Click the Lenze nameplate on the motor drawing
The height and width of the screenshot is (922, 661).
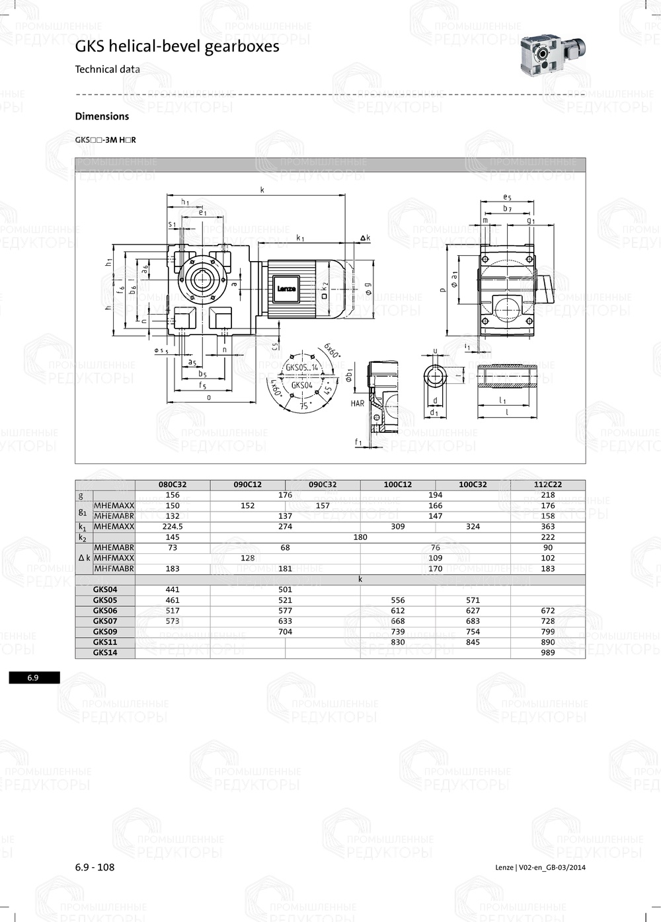[x=286, y=289]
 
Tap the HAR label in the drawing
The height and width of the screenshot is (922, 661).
[x=358, y=403]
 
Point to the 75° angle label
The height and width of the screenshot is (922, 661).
[x=305, y=406]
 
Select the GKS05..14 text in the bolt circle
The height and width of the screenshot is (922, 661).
[x=302, y=367]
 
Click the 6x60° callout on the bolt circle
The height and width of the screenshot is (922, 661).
[x=332, y=351]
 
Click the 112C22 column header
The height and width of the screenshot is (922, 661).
[x=547, y=484]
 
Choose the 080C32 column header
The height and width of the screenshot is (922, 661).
[x=173, y=484]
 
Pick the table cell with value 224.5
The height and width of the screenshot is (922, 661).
[x=173, y=527]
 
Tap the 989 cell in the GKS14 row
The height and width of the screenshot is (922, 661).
[x=547, y=652]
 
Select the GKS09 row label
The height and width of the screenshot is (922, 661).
[x=105, y=631]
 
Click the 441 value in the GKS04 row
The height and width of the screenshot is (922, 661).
[x=173, y=590]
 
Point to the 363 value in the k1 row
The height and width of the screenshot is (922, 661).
[x=547, y=527]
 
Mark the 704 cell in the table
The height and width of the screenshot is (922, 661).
[x=285, y=631]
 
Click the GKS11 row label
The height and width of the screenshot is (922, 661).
[x=105, y=642]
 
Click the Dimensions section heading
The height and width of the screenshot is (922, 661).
[x=102, y=116]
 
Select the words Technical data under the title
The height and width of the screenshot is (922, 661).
[x=107, y=69]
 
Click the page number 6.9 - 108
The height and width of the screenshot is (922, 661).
[x=95, y=867]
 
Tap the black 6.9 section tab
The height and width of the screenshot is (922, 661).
[x=34, y=677]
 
